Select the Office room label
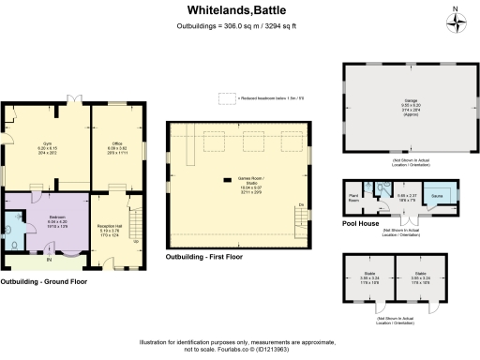115,146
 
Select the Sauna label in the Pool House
436,198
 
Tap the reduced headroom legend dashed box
226,97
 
